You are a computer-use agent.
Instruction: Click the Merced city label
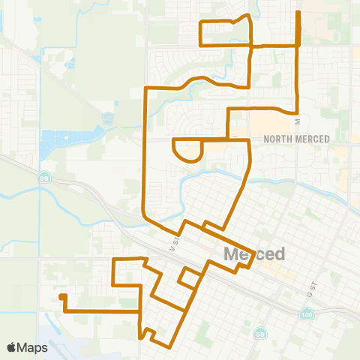254,253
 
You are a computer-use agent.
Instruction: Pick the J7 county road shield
107,117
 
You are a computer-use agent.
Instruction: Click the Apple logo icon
13,347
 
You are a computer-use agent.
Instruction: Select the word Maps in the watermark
34,347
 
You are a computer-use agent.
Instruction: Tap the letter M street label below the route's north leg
298,120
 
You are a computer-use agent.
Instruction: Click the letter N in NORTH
267,139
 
